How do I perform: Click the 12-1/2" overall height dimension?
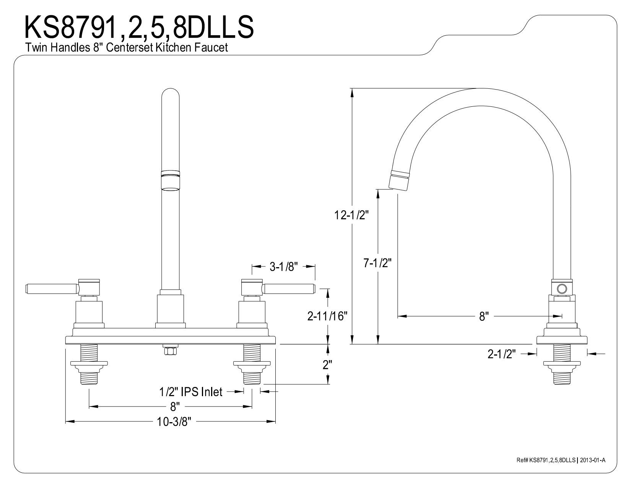[351, 215]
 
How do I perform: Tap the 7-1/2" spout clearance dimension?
[377, 263]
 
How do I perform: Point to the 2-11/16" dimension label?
[328, 316]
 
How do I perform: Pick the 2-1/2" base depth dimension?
[501, 354]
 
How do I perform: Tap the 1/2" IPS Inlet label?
[191, 392]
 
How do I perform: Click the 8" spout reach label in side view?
[484, 316]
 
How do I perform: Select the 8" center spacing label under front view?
[175, 406]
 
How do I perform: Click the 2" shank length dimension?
[327, 365]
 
